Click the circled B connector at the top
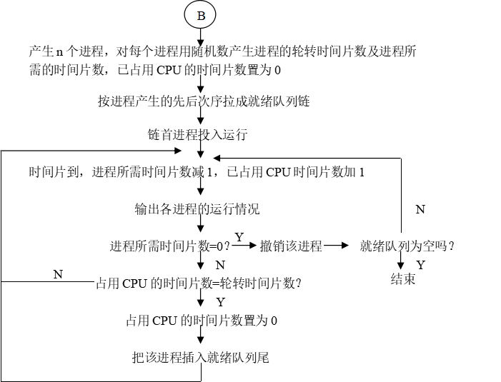tap(200, 14)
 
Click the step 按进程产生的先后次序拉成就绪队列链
tap(204, 101)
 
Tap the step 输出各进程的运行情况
tap(197, 209)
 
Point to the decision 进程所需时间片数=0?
tap(170, 246)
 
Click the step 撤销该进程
tap(291, 246)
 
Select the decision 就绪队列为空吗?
tap(408, 246)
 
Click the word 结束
tap(403, 279)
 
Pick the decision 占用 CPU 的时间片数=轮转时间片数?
tap(199, 283)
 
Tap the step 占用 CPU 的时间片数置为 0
tap(202, 321)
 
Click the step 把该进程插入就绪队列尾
tap(201, 357)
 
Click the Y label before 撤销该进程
tap(239, 237)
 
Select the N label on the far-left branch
tap(58, 274)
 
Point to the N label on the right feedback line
tap(420, 209)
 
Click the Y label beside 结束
tap(420, 265)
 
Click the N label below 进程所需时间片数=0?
tap(220, 265)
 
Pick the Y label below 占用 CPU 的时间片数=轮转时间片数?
tap(220, 302)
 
